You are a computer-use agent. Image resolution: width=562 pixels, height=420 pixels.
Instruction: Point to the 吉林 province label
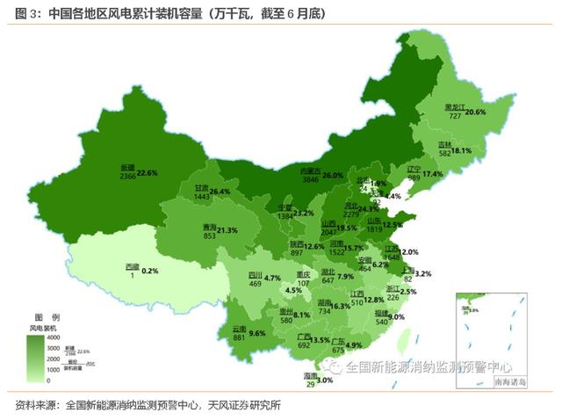444,144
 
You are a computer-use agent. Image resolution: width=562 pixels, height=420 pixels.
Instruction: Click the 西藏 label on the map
132,266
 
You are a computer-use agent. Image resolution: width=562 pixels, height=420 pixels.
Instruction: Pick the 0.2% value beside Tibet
149,271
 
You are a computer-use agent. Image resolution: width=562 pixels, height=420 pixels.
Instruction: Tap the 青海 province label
209,226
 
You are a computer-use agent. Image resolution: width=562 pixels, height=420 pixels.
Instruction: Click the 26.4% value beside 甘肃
219,192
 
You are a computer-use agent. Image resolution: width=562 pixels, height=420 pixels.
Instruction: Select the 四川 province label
256,274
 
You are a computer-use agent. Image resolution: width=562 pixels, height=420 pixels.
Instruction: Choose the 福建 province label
381,313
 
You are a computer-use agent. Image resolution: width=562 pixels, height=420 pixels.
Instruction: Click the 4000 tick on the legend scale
54,337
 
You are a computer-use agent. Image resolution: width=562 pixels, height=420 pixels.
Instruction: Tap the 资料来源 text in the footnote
35,405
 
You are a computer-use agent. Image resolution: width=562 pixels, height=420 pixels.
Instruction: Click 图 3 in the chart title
26,14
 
